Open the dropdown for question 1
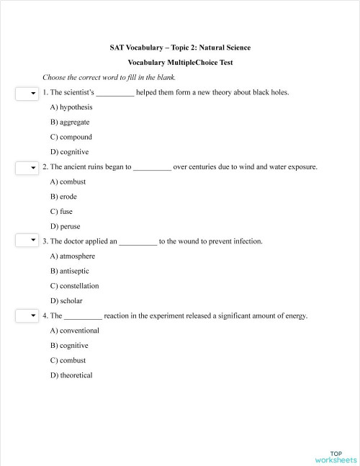tap(27, 93)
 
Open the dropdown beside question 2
tap(27, 168)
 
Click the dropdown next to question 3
tap(27, 241)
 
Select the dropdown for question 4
tap(27, 315)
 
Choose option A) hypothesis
tap(71, 107)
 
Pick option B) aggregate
tap(70, 122)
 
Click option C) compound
tap(71, 137)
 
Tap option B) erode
tap(63, 197)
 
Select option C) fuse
tap(61, 212)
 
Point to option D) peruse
tap(65, 227)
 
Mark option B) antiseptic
tap(72, 271)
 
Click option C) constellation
tap(75, 286)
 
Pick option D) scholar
tap(66, 301)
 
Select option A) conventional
tap(75, 331)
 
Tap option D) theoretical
tap(71, 375)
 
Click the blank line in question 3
tap(137, 242)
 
